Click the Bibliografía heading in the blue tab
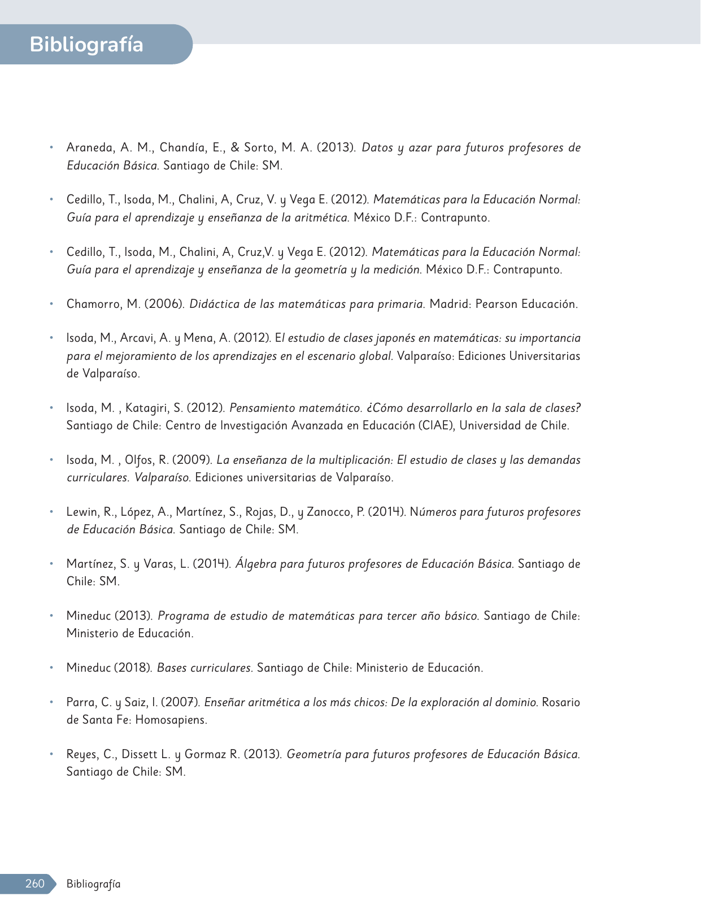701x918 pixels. click(x=86, y=44)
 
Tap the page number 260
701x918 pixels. click(x=34, y=884)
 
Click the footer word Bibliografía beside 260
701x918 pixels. click(x=93, y=884)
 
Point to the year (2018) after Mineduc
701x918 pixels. click(x=133, y=668)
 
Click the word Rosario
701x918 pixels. click(x=561, y=702)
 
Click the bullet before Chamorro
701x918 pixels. click(x=51, y=304)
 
